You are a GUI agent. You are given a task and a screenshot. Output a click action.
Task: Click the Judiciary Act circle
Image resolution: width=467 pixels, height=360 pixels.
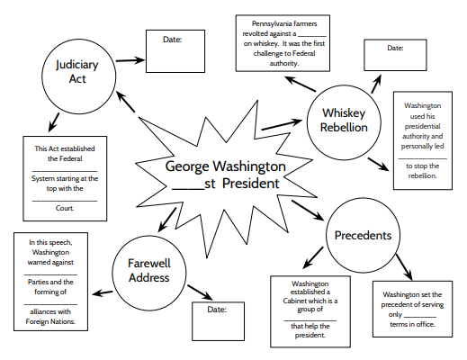pos(76,73)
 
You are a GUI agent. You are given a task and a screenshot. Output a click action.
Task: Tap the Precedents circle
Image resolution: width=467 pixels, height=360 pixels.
pos(362,236)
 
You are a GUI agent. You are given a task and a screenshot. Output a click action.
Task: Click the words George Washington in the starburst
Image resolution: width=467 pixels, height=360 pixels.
pos(226,166)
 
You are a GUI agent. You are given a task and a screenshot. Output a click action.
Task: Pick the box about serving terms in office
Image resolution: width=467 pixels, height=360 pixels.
pos(414,306)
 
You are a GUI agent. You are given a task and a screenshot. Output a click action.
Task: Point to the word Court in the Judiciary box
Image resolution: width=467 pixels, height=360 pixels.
pos(65,207)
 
